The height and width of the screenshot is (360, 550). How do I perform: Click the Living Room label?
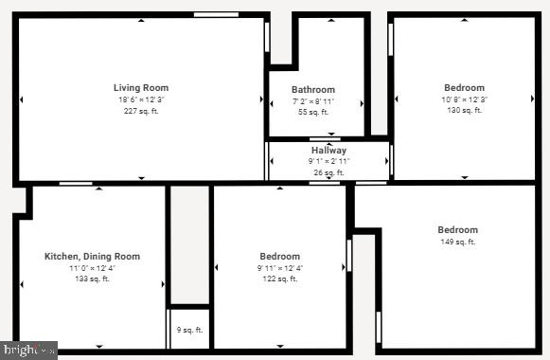[141, 88]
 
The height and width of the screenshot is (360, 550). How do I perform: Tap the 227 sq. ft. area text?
[141, 111]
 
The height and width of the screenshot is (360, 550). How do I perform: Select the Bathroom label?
[313, 90]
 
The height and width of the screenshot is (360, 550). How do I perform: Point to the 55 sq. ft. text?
[313, 113]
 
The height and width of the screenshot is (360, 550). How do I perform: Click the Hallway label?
[328, 151]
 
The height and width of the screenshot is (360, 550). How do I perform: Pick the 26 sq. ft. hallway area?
[328, 173]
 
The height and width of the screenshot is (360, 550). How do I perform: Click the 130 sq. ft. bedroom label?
[464, 111]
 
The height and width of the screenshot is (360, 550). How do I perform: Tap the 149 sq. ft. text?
[457, 242]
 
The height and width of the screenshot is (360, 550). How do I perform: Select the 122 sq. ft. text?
[280, 279]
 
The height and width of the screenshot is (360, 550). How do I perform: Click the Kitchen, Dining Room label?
[93, 257]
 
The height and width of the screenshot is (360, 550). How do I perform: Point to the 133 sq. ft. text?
[93, 279]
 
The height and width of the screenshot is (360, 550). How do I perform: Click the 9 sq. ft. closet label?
[190, 331]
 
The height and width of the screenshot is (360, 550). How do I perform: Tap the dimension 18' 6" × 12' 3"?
[141, 99]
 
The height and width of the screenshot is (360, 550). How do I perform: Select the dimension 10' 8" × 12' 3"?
[464, 99]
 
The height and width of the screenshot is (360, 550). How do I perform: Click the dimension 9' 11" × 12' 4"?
[280, 268]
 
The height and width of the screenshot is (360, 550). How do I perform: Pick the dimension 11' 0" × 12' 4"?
[93, 268]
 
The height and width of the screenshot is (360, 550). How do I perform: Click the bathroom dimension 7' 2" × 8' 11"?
[313, 101]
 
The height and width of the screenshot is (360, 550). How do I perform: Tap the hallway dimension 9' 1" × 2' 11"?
[328, 162]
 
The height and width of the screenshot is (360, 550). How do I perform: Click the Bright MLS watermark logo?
[28, 351]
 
